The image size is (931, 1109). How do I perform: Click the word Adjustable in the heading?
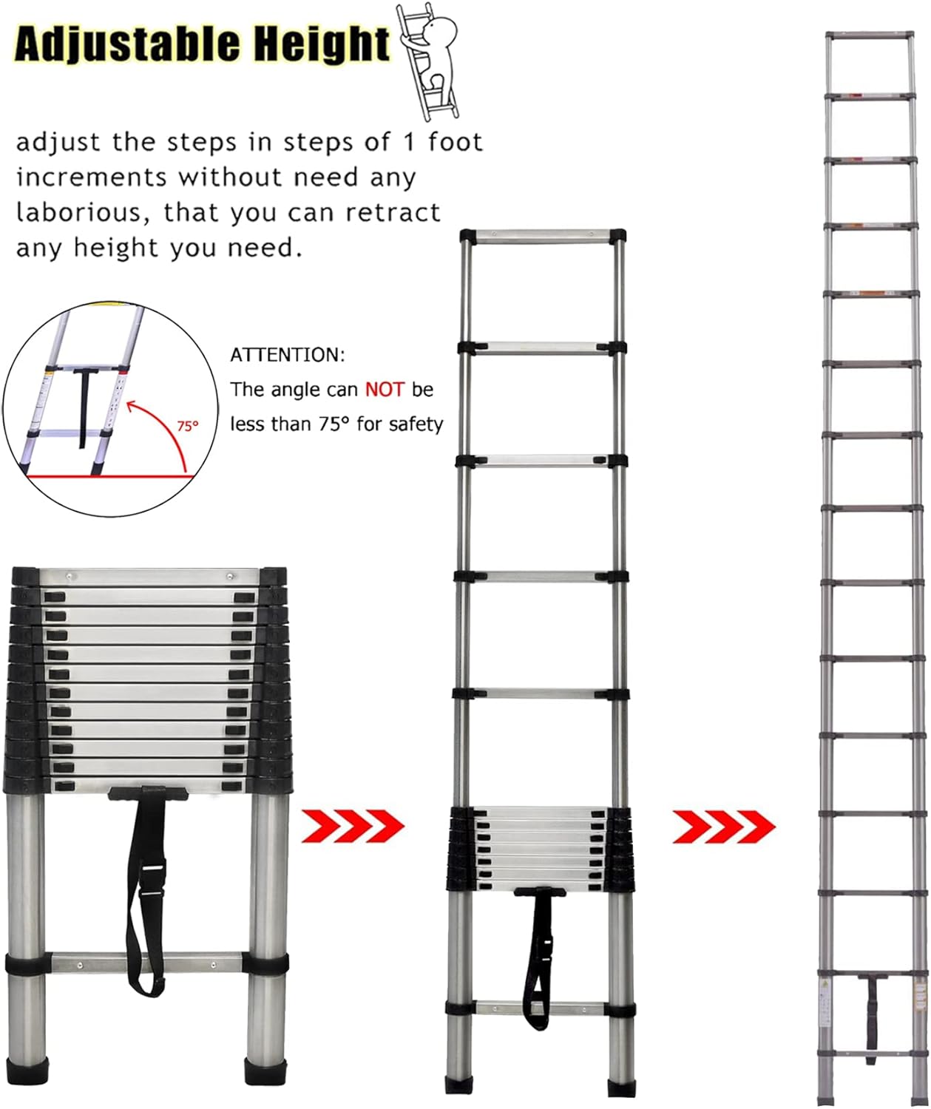click(x=127, y=44)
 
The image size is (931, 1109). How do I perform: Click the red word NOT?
click(x=385, y=390)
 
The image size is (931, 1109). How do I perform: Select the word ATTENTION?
click(x=288, y=355)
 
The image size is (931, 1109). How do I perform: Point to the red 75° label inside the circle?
click(x=188, y=426)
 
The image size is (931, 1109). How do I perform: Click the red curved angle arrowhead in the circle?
click(x=133, y=407)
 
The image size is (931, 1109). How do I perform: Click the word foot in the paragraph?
click(x=456, y=142)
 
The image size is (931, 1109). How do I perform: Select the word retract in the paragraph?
click(x=393, y=213)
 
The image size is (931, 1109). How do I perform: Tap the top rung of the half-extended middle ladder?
click(x=543, y=236)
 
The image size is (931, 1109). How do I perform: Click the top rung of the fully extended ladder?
click(x=870, y=35)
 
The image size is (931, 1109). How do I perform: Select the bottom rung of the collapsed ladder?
click(x=147, y=964)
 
